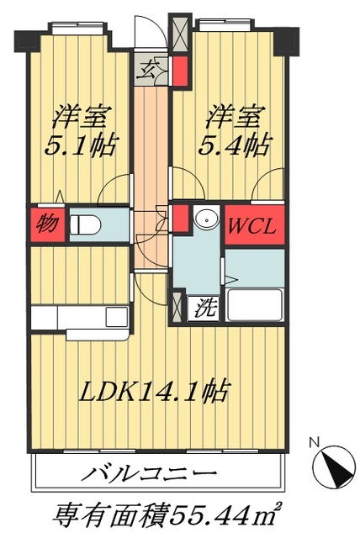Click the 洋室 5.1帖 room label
click(x=82, y=130)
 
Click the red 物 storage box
click(x=48, y=225)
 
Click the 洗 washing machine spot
click(x=205, y=308)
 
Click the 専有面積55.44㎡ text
click(x=167, y=512)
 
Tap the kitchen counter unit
click(x=80, y=317)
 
